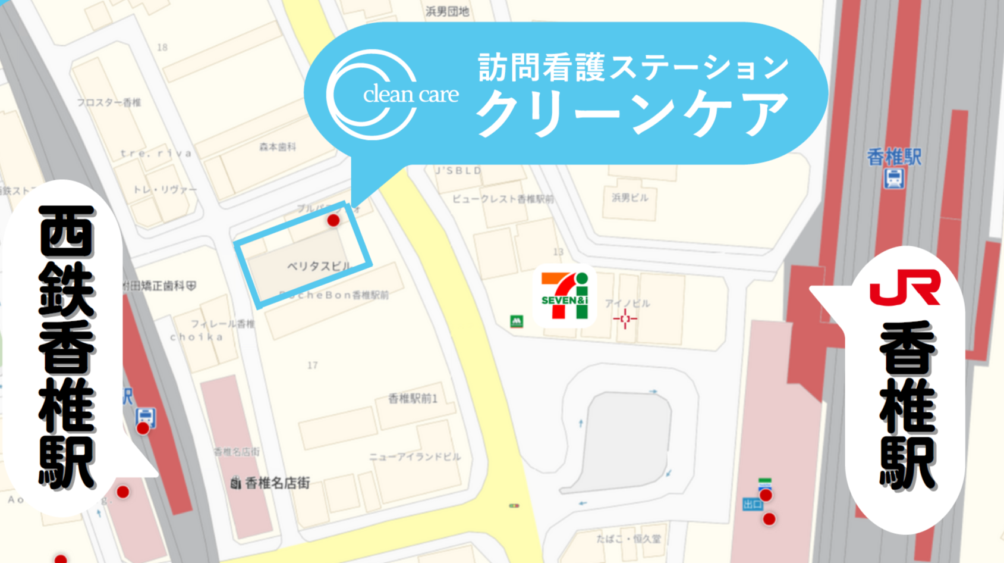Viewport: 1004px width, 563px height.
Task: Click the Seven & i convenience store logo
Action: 564,295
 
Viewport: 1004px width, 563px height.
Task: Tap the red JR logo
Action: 904,287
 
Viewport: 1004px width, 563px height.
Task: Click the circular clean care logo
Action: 372,95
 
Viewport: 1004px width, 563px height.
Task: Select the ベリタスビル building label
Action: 319,266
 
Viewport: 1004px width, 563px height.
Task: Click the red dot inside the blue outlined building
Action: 333,221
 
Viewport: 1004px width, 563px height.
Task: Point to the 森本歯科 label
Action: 278,147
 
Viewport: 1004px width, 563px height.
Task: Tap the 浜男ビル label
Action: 630,198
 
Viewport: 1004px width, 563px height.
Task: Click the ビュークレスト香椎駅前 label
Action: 503,199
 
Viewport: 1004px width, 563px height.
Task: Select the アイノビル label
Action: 627,304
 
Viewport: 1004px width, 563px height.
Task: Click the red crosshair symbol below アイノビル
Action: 625,319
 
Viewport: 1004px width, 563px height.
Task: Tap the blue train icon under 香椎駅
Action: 894,179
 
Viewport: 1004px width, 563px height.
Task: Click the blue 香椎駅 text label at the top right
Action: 894,157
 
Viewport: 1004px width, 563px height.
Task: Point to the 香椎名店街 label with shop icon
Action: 271,483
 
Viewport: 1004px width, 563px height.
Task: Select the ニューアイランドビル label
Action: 415,457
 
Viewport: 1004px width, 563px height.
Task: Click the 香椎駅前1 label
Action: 413,399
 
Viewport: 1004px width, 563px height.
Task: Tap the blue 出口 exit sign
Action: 752,505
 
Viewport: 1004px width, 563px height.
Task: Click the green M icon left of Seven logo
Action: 517,321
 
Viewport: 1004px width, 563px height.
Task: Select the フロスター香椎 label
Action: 109,102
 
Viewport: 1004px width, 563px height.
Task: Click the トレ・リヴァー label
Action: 165,189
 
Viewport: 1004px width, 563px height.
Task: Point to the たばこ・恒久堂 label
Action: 629,539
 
